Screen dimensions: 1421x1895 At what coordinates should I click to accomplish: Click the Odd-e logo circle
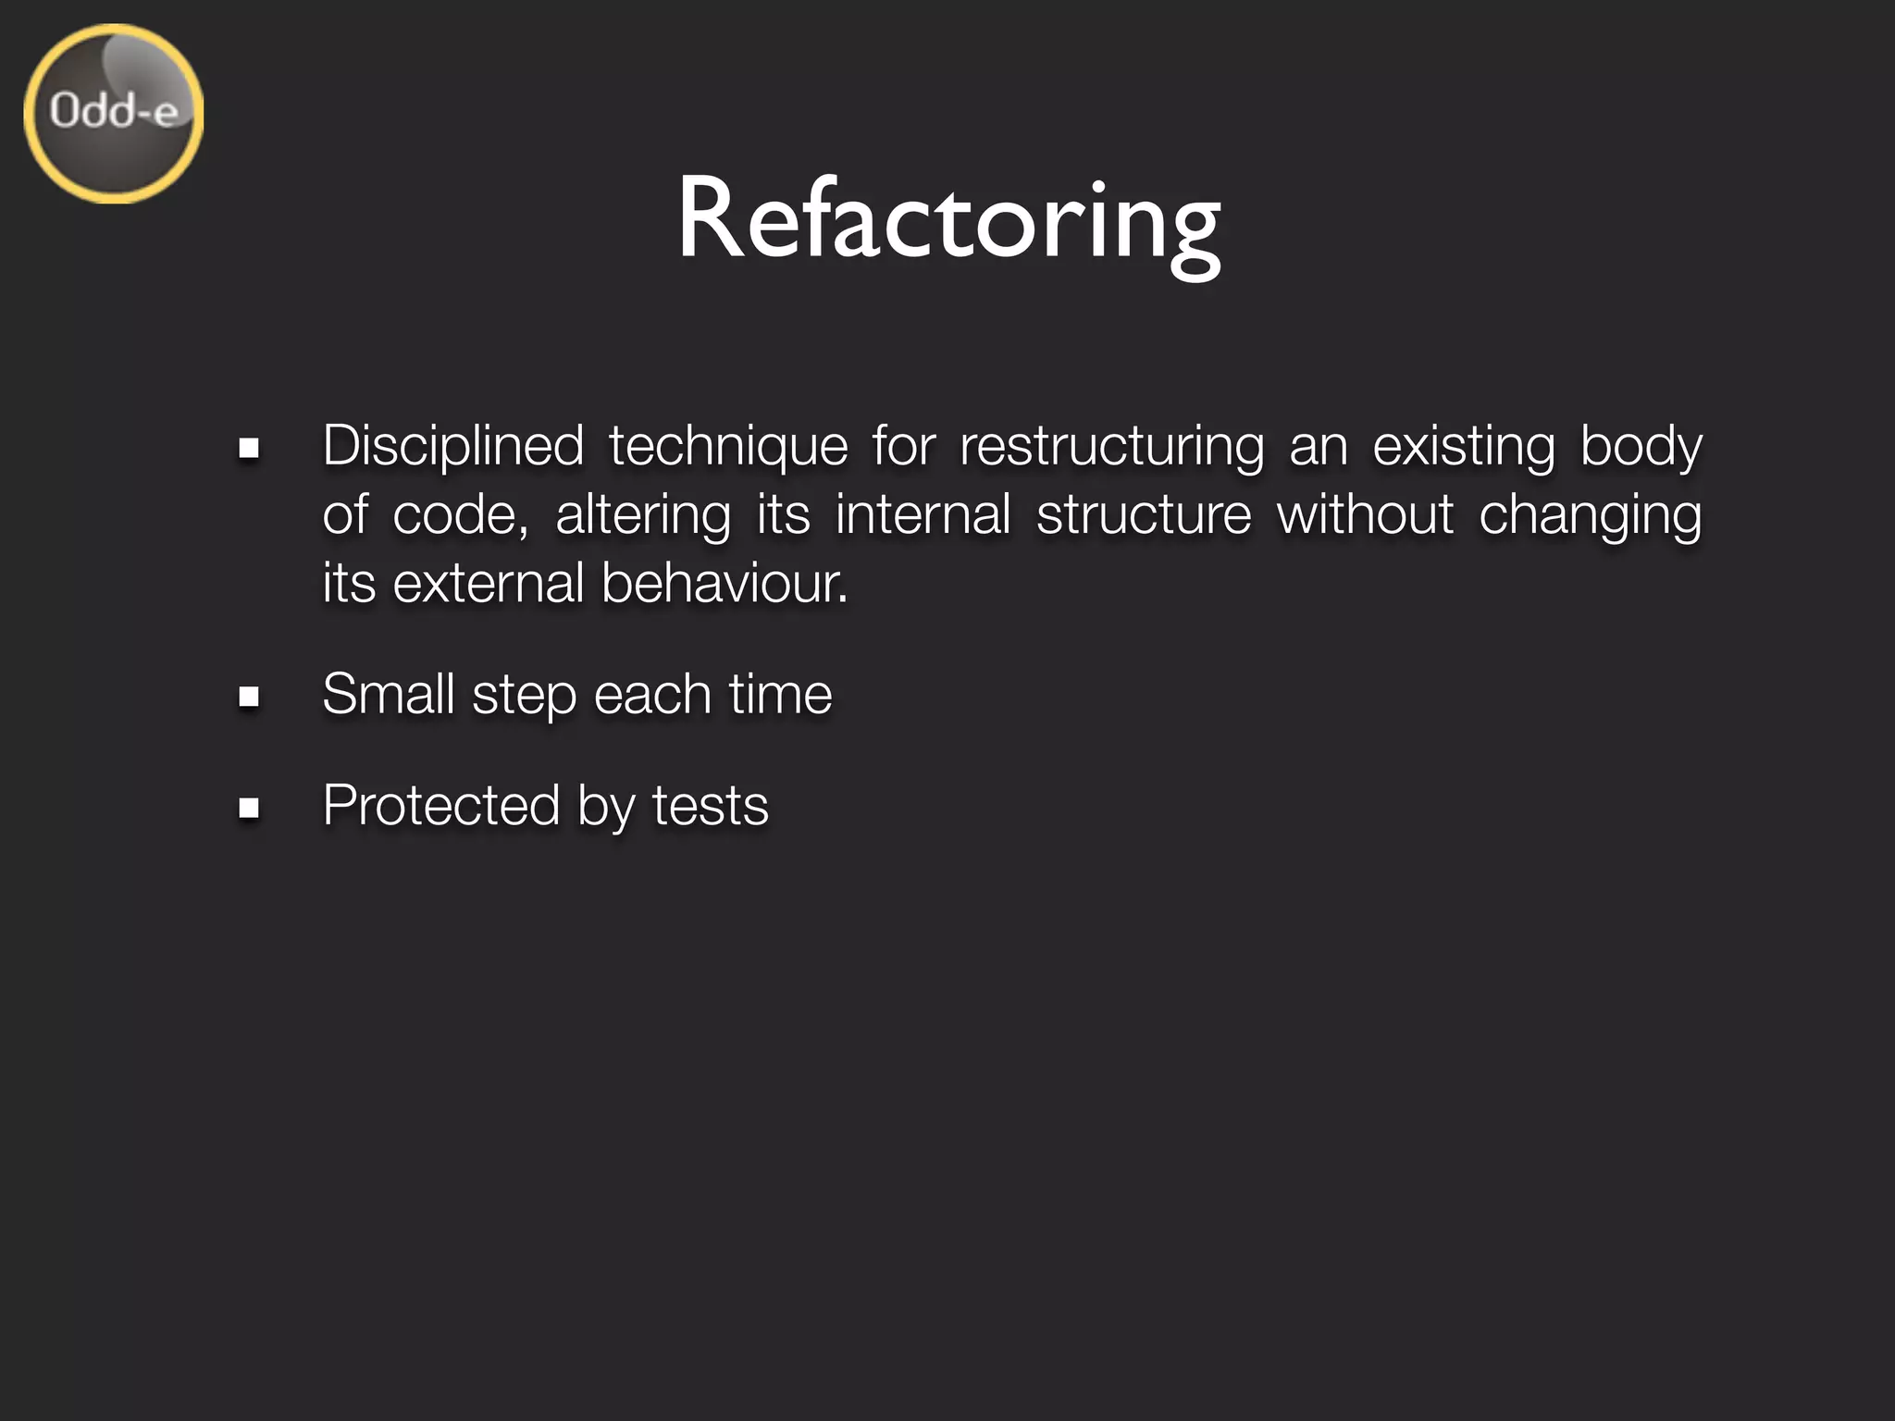coord(113,114)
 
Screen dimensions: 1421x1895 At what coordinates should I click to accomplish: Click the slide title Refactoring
coord(948,222)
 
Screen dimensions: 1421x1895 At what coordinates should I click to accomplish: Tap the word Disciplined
coord(452,446)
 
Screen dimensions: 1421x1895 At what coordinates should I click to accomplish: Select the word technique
coord(728,446)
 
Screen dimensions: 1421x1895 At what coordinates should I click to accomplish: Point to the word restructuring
coord(1111,446)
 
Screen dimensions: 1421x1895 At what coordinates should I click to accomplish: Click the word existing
coord(1463,446)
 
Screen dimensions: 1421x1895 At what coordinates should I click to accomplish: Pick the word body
coord(1641,446)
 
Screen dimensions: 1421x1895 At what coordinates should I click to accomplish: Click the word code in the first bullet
coord(460,514)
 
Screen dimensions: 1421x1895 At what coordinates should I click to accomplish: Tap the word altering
coord(643,514)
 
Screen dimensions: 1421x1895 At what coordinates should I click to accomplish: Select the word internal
coord(923,514)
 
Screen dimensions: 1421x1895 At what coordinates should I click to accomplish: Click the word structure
coord(1144,514)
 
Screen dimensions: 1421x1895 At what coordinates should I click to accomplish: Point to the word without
coord(1365,514)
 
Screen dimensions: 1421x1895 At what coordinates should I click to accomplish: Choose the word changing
coord(1590,514)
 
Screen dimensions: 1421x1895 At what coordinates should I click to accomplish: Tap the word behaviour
coord(724,583)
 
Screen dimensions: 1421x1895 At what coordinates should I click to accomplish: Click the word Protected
coord(440,805)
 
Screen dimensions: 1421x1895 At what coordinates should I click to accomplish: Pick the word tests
coord(710,805)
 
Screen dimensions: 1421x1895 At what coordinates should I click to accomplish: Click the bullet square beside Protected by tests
coord(248,807)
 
